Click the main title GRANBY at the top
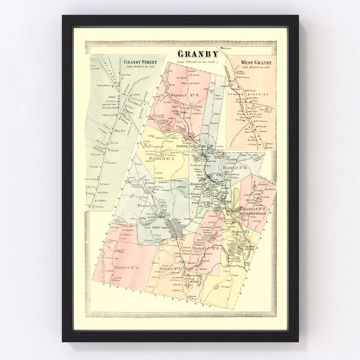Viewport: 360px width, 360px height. [x=198, y=54]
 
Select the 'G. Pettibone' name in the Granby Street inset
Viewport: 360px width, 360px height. [x=112, y=163]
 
